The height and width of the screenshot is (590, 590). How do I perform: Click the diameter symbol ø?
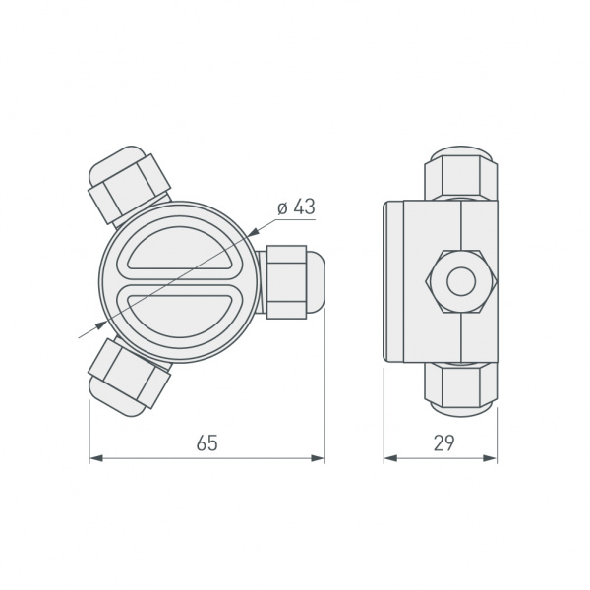click(281, 208)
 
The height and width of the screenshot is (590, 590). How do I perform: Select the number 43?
click(303, 208)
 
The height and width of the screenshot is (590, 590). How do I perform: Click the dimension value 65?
click(206, 443)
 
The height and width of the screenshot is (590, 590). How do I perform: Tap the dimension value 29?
click(442, 443)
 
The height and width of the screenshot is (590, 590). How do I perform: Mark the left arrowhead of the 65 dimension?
click(95, 458)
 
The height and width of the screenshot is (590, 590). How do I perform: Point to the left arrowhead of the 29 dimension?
click(389, 458)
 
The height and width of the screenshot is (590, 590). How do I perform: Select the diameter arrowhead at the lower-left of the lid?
click(106, 322)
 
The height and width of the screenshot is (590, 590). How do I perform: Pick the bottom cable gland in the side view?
click(459, 384)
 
